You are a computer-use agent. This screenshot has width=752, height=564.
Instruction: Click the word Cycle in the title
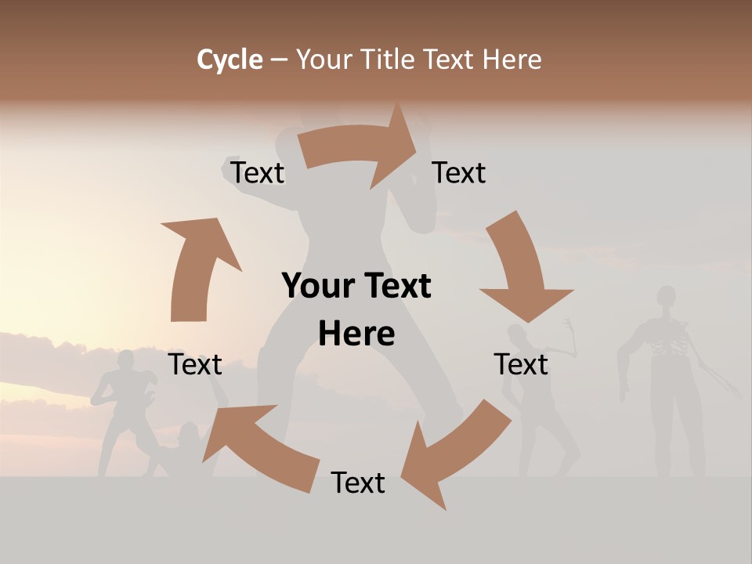coord(230,60)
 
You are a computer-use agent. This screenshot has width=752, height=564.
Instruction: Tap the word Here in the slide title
coord(512,60)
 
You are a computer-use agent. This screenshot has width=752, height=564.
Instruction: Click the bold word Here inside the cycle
coord(356,334)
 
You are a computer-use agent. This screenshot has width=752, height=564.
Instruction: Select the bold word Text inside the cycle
coord(396,286)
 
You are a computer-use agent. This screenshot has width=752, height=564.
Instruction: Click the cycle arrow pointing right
coord(360,147)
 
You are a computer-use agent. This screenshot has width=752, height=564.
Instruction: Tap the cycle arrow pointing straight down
coord(522,266)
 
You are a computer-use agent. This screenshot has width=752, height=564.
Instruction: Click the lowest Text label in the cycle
coord(358,483)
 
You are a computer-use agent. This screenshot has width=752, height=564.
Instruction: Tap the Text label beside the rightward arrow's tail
coord(258,172)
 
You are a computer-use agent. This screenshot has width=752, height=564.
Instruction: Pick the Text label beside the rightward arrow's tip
coord(459,172)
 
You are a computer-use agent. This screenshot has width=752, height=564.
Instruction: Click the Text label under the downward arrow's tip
coord(521,364)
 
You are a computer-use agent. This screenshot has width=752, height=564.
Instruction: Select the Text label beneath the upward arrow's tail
coord(196,364)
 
